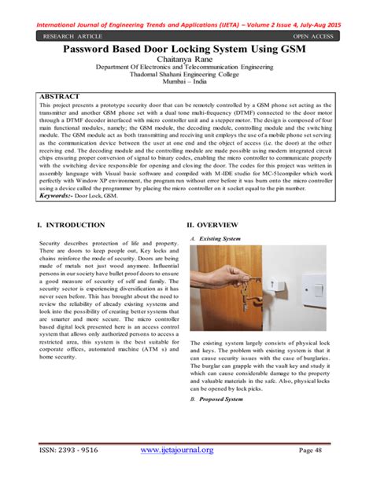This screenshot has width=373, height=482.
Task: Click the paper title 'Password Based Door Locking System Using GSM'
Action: point(186,50)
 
